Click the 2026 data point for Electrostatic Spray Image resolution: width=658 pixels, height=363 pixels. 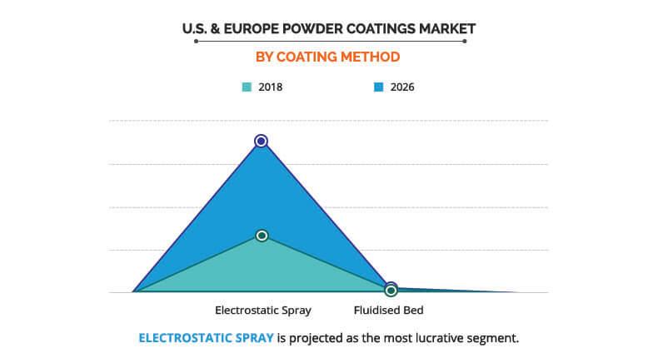(261, 141)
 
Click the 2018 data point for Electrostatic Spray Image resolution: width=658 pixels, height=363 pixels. (262, 236)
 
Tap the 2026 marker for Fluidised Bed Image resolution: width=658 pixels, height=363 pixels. (391, 286)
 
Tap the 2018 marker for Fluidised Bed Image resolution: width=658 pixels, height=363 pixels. (391, 291)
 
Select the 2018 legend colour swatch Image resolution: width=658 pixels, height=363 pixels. (247, 86)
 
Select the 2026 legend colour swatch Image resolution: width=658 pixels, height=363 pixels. (376, 86)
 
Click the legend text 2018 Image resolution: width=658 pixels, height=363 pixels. (270, 86)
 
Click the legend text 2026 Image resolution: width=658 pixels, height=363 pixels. (401, 86)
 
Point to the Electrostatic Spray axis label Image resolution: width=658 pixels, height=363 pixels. (262, 311)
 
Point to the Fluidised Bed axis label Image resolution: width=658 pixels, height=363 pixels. (390, 311)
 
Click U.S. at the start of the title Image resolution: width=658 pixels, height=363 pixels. (196, 28)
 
